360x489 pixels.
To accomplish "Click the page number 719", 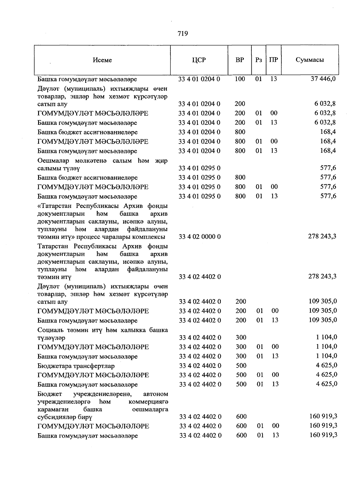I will [183, 34].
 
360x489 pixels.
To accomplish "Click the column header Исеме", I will [102, 60].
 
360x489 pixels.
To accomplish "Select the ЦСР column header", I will [199, 60].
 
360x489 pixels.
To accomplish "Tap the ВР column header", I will [240, 60].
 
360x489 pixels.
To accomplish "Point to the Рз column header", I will [259, 60].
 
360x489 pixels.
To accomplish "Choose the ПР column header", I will [273, 60].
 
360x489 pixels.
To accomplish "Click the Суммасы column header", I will [310, 60].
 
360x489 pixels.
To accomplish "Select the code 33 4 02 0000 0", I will [199, 237].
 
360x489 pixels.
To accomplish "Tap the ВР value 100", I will [240, 79].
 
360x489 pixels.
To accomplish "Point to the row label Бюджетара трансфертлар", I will [76, 366].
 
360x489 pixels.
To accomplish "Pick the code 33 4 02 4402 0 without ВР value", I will [200, 277].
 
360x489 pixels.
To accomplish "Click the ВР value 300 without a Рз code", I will [241, 337].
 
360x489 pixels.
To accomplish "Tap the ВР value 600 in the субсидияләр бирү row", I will [241, 416].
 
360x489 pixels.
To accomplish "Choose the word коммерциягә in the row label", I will [148, 401].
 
